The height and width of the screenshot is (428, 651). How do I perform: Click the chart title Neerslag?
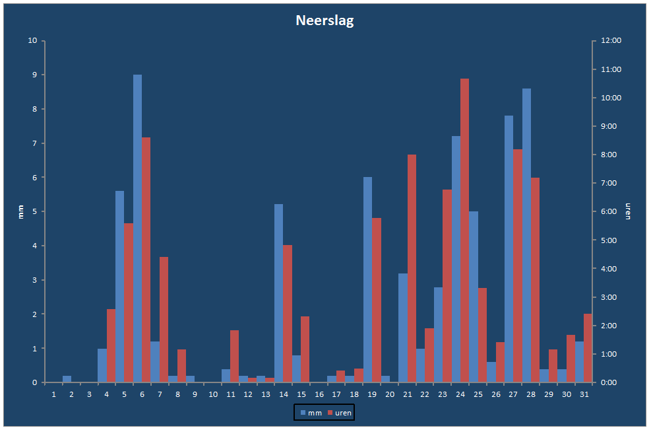coord(325,20)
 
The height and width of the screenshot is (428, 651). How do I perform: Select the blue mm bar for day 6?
coord(137,229)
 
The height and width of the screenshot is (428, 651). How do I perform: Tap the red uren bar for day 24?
coord(464,231)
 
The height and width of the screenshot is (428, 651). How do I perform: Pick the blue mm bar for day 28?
coord(526,235)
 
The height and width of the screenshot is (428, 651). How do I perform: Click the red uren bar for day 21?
coord(412,268)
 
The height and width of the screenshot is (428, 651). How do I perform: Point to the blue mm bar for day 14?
coord(278,293)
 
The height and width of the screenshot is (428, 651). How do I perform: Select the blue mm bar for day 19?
coord(367,279)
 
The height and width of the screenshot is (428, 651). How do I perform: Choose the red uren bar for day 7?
coord(164,320)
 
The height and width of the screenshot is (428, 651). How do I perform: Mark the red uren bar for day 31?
coord(588,348)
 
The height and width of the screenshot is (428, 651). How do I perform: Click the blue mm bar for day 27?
coord(509,249)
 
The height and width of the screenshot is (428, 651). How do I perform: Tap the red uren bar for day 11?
coord(235,357)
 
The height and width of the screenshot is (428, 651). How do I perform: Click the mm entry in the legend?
coord(311,413)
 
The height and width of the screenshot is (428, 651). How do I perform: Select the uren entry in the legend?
coord(340,413)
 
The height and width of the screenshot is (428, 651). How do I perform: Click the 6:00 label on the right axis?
coord(609,211)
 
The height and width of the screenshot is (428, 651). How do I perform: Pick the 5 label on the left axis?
coord(35,211)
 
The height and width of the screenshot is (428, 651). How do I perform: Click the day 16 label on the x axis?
coord(319,394)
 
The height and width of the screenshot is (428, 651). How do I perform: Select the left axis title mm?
coord(21,212)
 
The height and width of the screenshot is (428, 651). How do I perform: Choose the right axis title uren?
coord(628,211)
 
